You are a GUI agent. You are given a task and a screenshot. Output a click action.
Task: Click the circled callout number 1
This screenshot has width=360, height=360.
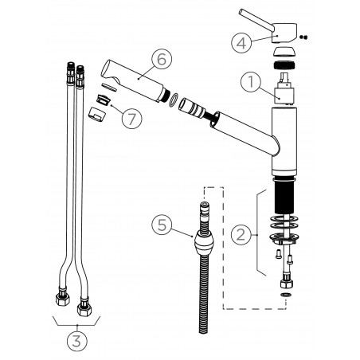click(x=251, y=82)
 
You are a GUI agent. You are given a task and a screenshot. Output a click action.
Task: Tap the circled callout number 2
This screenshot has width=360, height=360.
click(x=241, y=234)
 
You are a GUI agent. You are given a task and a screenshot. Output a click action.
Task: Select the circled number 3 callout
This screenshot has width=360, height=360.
click(x=76, y=341)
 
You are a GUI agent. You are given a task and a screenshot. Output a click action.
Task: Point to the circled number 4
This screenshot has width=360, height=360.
click(x=241, y=42)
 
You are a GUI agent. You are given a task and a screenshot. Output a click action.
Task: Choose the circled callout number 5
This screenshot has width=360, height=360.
click(x=162, y=225)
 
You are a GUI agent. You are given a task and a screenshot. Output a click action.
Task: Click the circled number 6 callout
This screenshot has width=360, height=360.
click(x=162, y=59)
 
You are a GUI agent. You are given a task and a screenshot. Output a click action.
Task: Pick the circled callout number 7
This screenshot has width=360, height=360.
click(x=132, y=119)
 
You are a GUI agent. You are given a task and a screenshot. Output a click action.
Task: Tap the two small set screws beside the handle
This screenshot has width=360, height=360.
click(x=303, y=37)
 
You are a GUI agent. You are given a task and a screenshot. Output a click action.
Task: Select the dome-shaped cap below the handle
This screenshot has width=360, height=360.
click(x=284, y=52)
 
